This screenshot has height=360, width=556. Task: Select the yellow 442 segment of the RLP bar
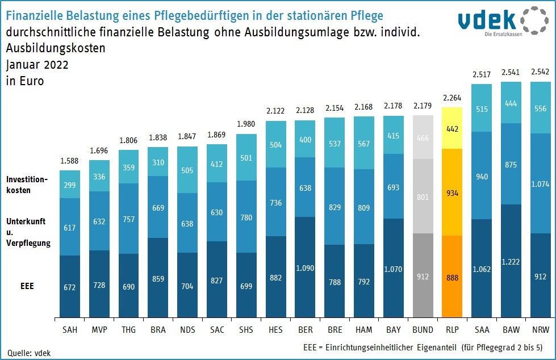click(453, 128)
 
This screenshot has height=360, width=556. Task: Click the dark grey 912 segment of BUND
click(423, 277)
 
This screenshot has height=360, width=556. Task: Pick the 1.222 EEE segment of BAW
click(511, 261)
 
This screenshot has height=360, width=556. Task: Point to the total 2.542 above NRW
click(541, 73)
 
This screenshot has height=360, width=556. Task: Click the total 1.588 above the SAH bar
click(69, 161)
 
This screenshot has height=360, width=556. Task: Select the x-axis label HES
click(275, 329)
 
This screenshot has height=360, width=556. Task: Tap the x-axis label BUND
click(423, 329)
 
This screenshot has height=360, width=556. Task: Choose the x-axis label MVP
click(99, 329)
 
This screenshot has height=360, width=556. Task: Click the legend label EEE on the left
click(26, 286)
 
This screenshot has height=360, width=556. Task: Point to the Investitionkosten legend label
click(27, 185)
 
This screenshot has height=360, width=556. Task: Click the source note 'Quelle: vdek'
click(28, 353)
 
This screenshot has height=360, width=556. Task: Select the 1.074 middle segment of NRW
click(541, 183)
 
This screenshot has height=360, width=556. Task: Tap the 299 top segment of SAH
click(69, 185)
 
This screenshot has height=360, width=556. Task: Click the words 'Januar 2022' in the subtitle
click(37, 65)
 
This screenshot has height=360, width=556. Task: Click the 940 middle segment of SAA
click(482, 176)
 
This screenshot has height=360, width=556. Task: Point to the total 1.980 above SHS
click(246, 125)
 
